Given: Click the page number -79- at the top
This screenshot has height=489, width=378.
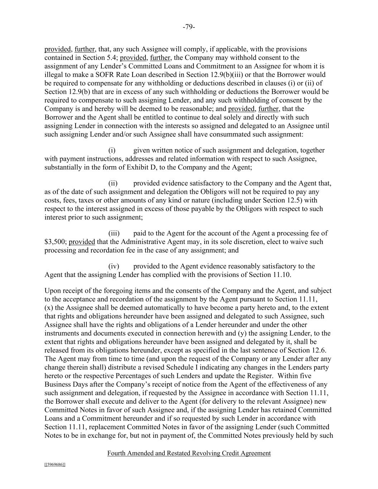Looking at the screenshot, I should click(x=189, y=27).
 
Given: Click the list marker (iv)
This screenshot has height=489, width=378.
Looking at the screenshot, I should click(x=113, y=266).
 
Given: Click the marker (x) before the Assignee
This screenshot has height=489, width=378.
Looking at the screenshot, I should click(x=48, y=308).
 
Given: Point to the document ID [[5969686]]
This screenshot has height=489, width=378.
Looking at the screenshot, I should click(x=55, y=465).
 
